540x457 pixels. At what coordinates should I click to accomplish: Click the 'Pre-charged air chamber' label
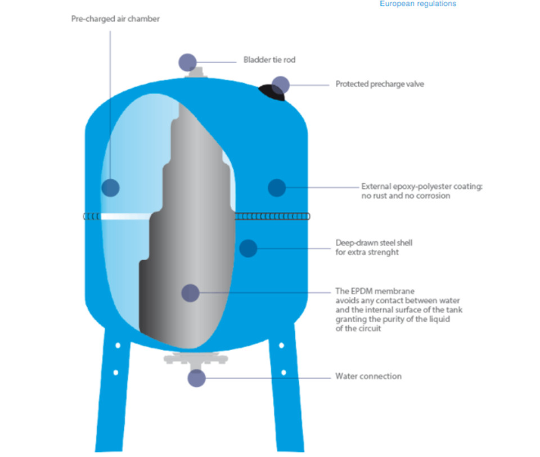point(115,19)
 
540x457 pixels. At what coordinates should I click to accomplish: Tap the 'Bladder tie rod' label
point(269,60)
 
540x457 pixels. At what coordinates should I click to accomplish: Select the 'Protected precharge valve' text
point(380,84)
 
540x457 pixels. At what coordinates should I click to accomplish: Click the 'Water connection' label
point(368,376)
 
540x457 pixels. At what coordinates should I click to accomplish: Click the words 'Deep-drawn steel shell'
point(373,243)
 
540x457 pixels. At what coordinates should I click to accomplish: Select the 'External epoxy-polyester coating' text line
point(422,187)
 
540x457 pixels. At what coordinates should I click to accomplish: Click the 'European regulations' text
point(418,4)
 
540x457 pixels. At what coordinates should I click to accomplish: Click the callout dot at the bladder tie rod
point(188,62)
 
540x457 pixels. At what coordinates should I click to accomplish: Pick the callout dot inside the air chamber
point(111,188)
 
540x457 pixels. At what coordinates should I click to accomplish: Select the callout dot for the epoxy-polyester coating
point(277,188)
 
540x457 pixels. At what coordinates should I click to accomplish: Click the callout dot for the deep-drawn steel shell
point(248,248)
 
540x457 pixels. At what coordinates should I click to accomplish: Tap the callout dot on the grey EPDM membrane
point(191,293)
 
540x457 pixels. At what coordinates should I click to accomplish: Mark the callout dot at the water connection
point(197,378)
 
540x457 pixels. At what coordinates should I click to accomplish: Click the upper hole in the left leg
point(118,345)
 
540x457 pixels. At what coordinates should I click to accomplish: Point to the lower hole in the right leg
point(283,372)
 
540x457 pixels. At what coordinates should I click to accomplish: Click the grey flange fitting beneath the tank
point(196,360)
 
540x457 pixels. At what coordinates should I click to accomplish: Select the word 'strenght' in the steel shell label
point(382,252)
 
